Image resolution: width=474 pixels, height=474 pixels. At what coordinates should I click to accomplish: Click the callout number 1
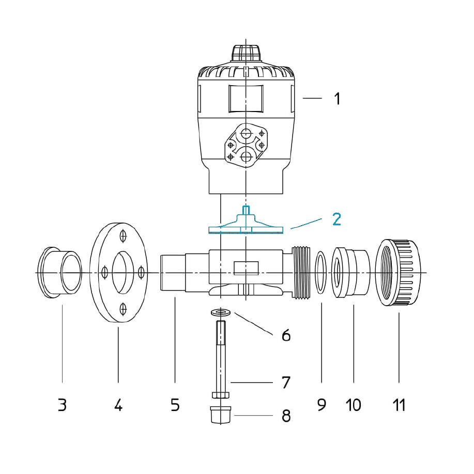click(337, 98)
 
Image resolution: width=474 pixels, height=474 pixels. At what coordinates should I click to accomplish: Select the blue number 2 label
click(337, 219)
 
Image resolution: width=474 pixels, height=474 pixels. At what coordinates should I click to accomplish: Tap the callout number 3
click(62, 405)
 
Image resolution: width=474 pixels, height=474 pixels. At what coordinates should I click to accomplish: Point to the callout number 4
click(118, 405)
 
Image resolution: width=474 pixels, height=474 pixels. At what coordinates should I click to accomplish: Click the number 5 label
click(175, 405)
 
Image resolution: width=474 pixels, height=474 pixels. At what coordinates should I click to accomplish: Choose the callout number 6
click(286, 336)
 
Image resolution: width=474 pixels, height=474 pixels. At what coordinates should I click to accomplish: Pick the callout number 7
click(286, 383)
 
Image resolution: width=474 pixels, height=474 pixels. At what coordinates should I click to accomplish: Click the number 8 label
click(286, 415)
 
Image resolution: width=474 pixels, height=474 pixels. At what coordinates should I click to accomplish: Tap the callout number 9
click(322, 405)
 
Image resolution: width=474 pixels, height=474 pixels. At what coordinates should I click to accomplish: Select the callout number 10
click(354, 405)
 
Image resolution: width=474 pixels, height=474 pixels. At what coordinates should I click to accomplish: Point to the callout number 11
click(399, 405)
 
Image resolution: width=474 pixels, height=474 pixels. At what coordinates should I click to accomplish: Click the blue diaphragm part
click(246, 227)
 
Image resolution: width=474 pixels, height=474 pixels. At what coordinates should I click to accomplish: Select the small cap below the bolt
click(220, 415)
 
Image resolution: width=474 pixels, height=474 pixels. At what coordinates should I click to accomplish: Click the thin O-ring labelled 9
click(320, 272)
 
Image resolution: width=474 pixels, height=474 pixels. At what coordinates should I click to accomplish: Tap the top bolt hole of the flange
click(123, 235)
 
